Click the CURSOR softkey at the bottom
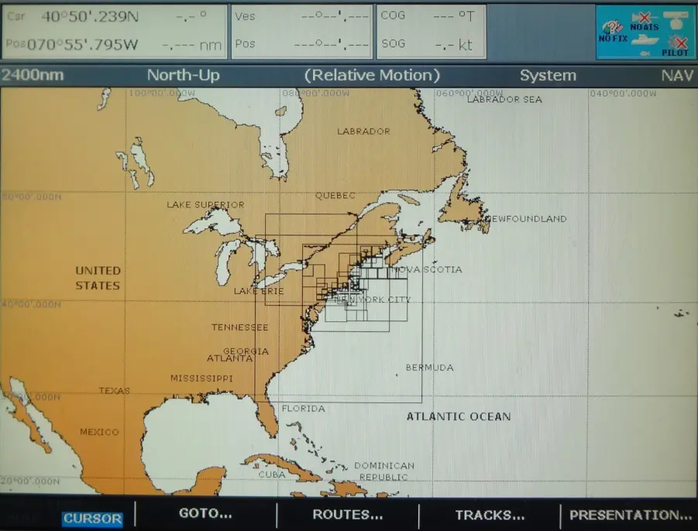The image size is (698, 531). pyautogui.click(x=92, y=519)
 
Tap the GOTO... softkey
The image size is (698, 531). pyautogui.click(x=205, y=513)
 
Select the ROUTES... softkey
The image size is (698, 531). pyautogui.click(x=347, y=514)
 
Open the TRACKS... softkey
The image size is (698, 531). pyautogui.click(x=490, y=515)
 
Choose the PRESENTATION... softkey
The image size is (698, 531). pyautogui.click(x=631, y=515)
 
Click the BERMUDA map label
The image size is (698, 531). pyautogui.click(x=429, y=368)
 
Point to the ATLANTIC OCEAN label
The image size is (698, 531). pyautogui.click(x=459, y=416)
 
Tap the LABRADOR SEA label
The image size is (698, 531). pyautogui.click(x=504, y=99)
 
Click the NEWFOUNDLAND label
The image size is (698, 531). pyautogui.click(x=527, y=219)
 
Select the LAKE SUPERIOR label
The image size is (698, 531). pyautogui.click(x=205, y=205)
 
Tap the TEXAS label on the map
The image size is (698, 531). pyautogui.click(x=114, y=391)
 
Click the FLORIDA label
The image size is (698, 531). pyautogui.click(x=303, y=409)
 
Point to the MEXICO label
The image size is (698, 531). pyautogui.click(x=99, y=432)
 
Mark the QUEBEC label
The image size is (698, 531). pyautogui.click(x=335, y=196)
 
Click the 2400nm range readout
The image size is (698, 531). pyautogui.click(x=33, y=76)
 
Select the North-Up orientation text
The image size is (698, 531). pyautogui.click(x=183, y=76)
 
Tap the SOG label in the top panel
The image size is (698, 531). pyautogui.click(x=393, y=44)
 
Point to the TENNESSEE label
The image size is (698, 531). pyautogui.click(x=239, y=327)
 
